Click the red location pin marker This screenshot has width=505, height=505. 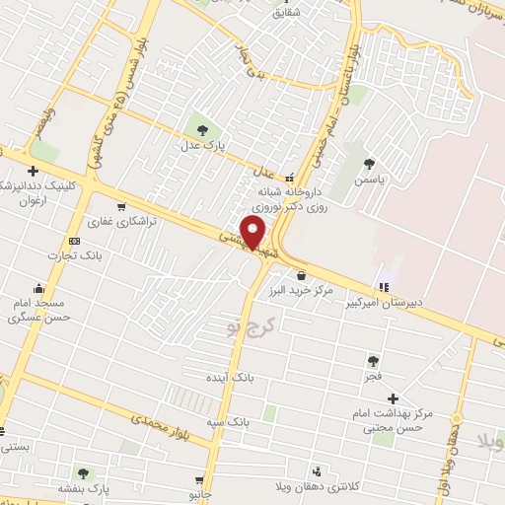coord(253,234)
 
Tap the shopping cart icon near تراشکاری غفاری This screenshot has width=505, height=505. coord(120,207)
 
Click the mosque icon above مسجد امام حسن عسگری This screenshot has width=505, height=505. coord(38,288)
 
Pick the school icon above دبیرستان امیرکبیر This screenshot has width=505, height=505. coord(384,286)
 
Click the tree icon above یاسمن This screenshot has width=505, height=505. coord(369,164)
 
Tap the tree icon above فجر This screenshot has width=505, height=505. coord(372,361)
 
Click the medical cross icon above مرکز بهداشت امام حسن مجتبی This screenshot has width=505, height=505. coord(393,397)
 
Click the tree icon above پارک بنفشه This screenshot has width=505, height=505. coord(83,473)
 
